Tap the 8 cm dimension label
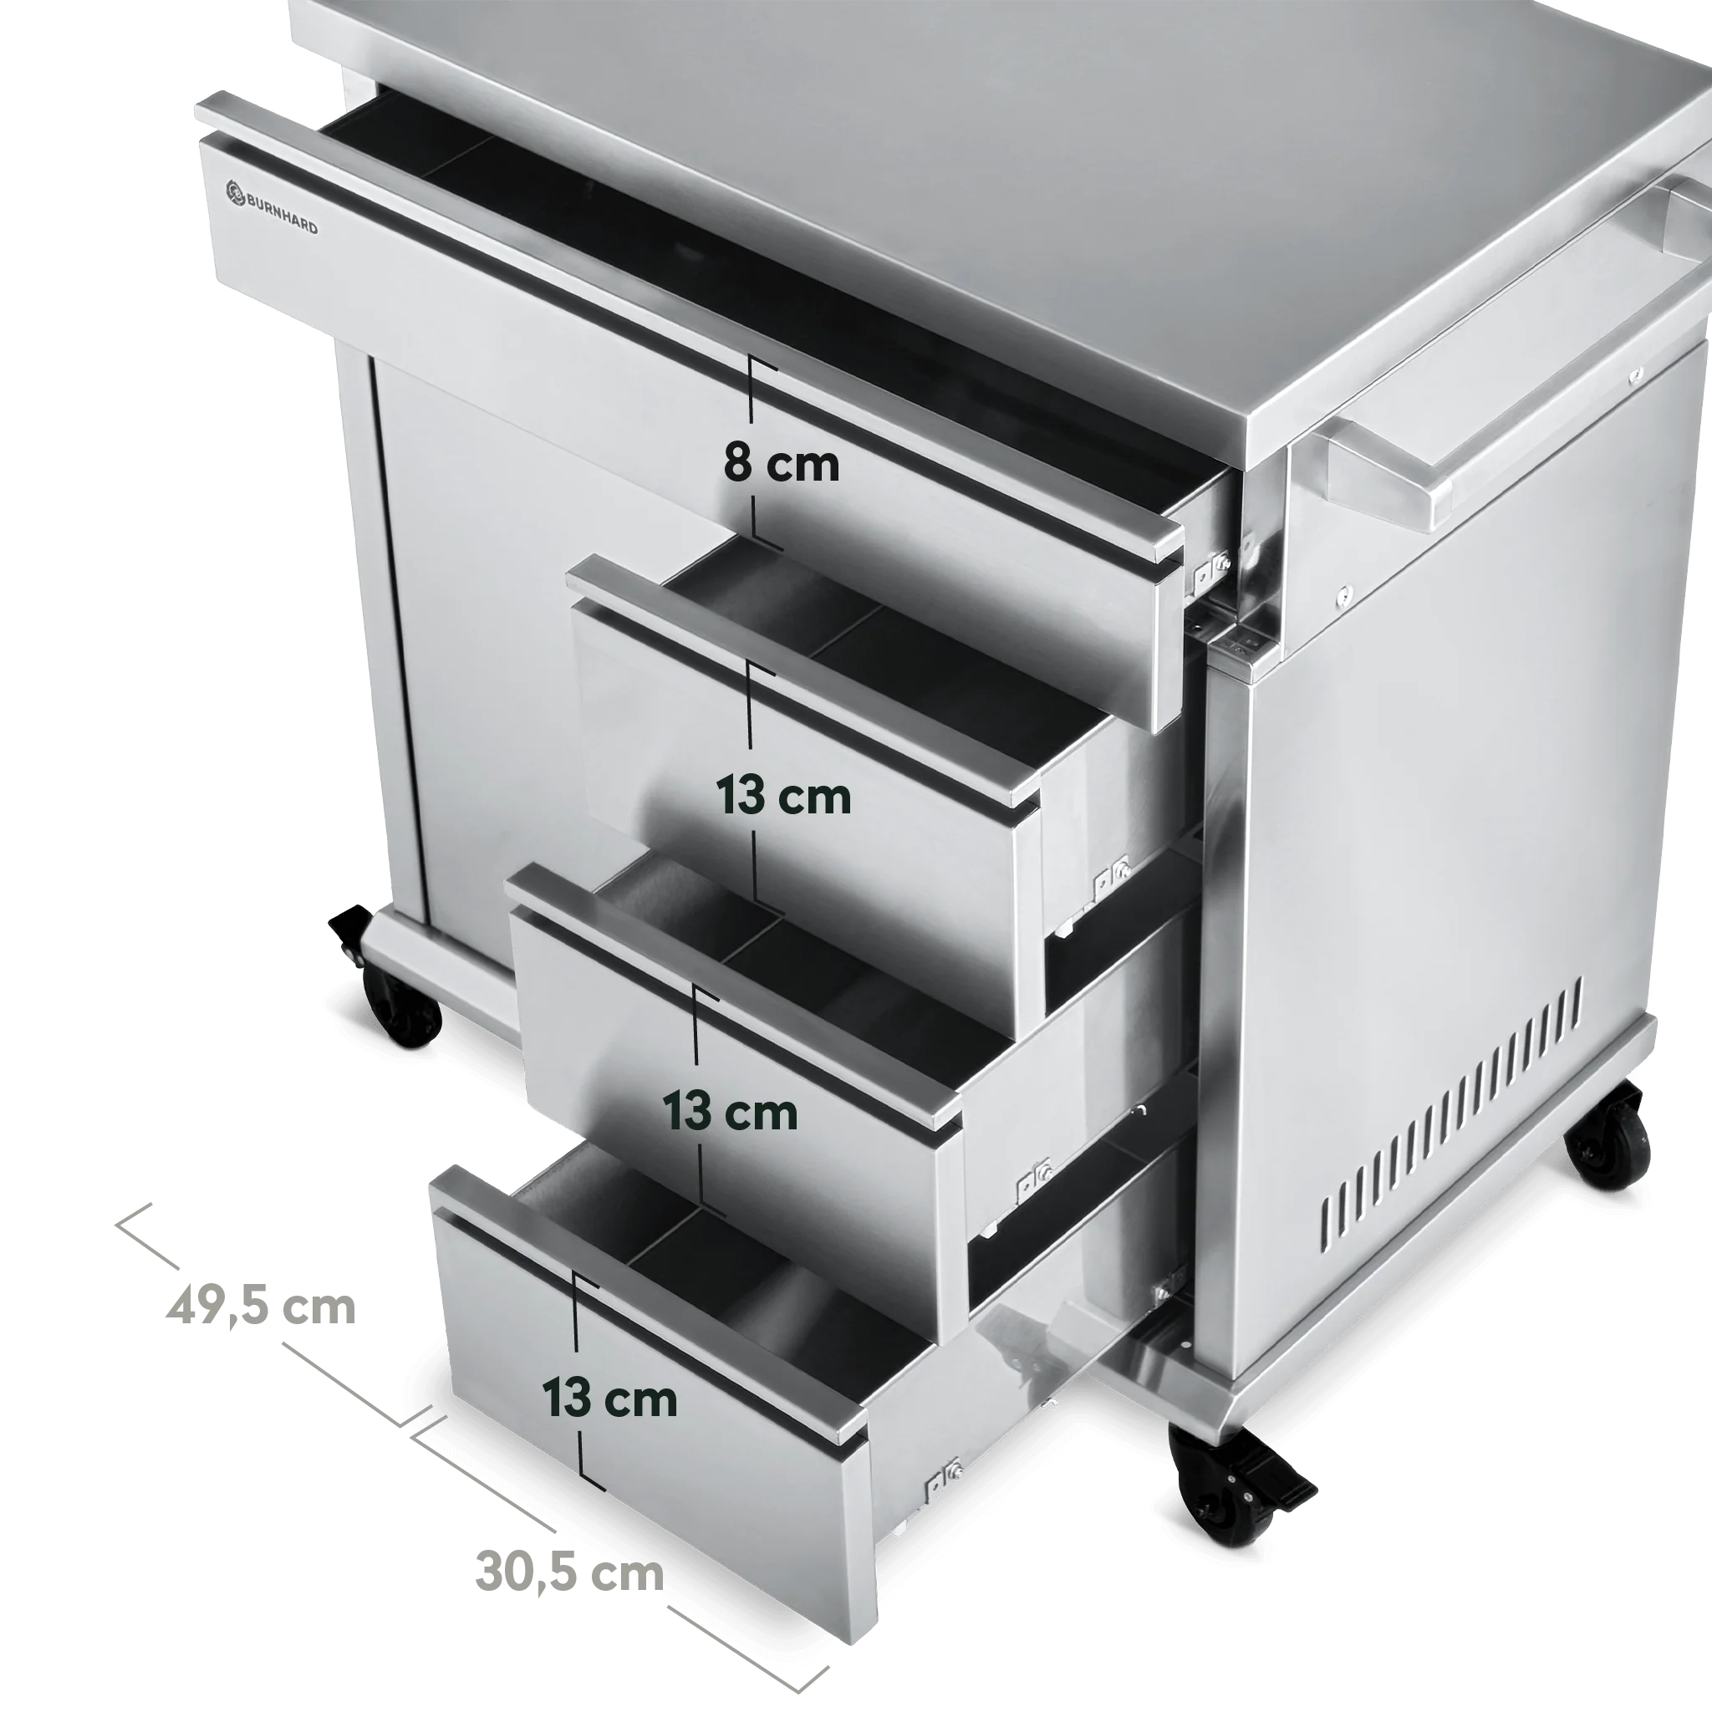(x=781, y=464)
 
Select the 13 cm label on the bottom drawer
(x=609, y=1398)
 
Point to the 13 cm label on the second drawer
(x=783, y=797)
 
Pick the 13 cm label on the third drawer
(x=730, y=1111)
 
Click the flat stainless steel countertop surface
(x=886, y=177)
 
